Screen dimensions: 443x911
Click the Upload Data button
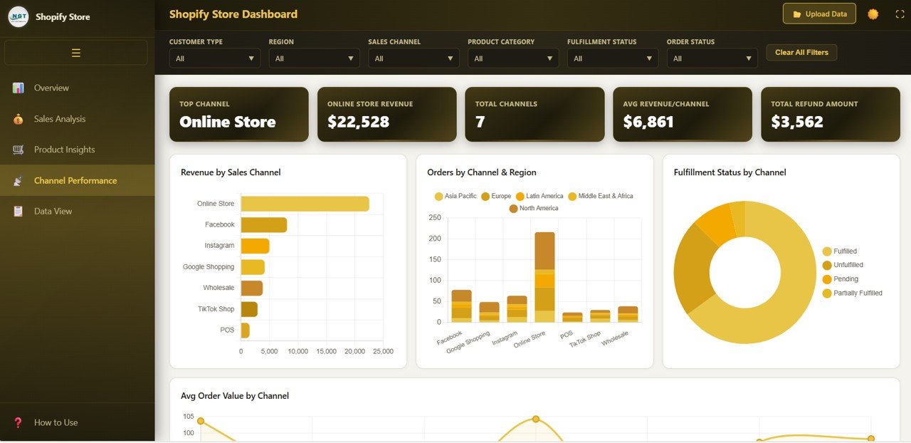click(819, 14)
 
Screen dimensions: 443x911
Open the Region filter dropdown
click(314, 58)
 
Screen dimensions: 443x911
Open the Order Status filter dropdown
click(712, 58)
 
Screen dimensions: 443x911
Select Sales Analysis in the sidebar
click(59, 119)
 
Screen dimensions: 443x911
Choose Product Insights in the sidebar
click(64, 150)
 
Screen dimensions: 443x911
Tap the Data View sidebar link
click(53, 212)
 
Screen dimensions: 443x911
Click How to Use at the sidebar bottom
click(56, 422)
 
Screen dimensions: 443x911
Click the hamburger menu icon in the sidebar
click(76, 53)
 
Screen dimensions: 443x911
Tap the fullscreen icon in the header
click(900, 14)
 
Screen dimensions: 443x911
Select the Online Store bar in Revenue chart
click(305, 204)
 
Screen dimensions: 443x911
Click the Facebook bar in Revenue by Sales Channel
click(263, 224)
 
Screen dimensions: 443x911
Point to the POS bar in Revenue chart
click(245, 330)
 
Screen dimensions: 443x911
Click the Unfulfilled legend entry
click(848, 265)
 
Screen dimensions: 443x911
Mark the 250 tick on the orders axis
click(434, 218)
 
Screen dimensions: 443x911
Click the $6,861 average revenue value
click(648, 122)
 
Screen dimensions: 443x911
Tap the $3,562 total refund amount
click(796, 122)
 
